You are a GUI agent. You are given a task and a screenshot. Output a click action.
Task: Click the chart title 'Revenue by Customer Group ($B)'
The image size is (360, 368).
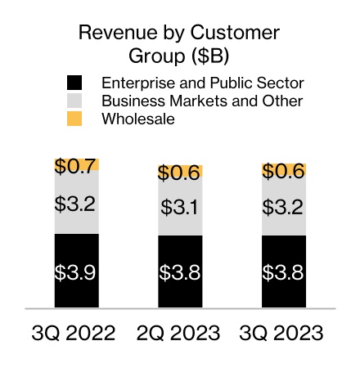(178, 44)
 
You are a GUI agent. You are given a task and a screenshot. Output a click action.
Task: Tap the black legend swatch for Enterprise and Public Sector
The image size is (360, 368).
(74, 83)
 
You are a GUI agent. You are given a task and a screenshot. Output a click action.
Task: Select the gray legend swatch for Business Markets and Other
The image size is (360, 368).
(74, 101)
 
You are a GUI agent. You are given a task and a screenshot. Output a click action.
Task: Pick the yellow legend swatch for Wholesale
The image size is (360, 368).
(74, 119)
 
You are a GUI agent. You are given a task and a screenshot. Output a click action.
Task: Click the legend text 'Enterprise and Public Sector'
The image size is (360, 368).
(202, 83)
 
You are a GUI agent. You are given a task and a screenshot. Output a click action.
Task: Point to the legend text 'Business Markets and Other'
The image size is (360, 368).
(202, 101)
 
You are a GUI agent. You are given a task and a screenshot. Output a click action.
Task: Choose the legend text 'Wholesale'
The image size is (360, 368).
(138, 119)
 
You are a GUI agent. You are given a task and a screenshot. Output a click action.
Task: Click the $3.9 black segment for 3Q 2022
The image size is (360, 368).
(76, 272)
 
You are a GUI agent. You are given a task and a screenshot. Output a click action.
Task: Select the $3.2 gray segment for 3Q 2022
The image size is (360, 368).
(76, 202)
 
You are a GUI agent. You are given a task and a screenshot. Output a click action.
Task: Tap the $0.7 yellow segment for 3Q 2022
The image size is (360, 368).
(76, 164)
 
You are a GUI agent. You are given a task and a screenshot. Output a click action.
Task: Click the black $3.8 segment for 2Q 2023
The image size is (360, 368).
(180, 272)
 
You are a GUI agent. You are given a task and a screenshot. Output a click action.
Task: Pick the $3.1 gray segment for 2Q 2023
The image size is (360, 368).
(180, 208)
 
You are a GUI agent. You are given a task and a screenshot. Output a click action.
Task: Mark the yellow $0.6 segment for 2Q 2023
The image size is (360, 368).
(180, 172)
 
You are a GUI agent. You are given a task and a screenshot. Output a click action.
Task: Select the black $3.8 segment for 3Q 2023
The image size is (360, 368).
(284, 272)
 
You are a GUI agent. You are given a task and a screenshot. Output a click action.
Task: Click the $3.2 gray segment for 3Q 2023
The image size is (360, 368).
(284, 206)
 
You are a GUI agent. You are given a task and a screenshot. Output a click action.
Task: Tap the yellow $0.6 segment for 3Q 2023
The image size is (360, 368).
(284, 170)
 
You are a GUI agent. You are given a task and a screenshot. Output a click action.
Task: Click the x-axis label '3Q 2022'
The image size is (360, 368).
(75, 334)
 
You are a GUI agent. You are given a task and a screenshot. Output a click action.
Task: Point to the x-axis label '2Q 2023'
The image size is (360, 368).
(180, 334)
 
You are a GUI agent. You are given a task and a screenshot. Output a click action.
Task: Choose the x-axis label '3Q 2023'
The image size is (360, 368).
(284, 334)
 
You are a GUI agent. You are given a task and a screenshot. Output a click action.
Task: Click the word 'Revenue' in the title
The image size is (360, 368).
(114, 34)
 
